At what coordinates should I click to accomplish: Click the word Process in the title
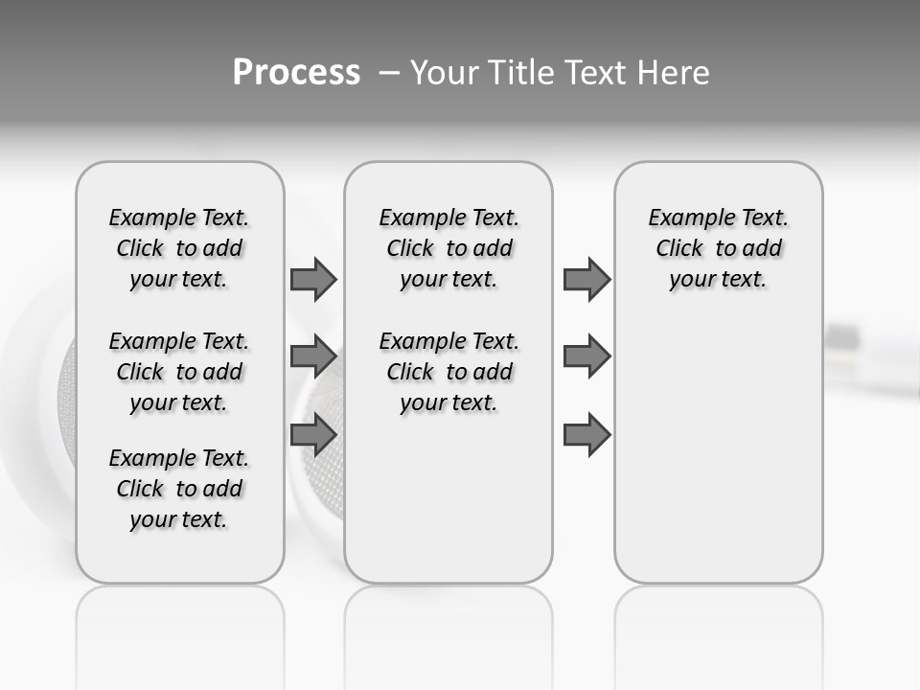(296, 72)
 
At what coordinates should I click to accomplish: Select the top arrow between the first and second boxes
(313, 279)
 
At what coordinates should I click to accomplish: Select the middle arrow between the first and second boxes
(313, 356)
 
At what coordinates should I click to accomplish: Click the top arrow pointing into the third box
(586, 279)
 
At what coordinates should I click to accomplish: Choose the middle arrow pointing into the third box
(586, 356)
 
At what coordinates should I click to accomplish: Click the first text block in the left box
(179, 248)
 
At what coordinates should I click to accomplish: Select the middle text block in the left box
(179, 372)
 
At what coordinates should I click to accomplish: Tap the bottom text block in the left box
(179, 489)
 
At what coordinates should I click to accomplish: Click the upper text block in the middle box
(448, 248)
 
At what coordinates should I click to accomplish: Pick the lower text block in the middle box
(448, 372)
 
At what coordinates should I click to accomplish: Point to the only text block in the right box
(718, 248)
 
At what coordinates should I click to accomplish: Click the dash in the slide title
(389, 72)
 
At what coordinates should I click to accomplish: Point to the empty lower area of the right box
(718, 450)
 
